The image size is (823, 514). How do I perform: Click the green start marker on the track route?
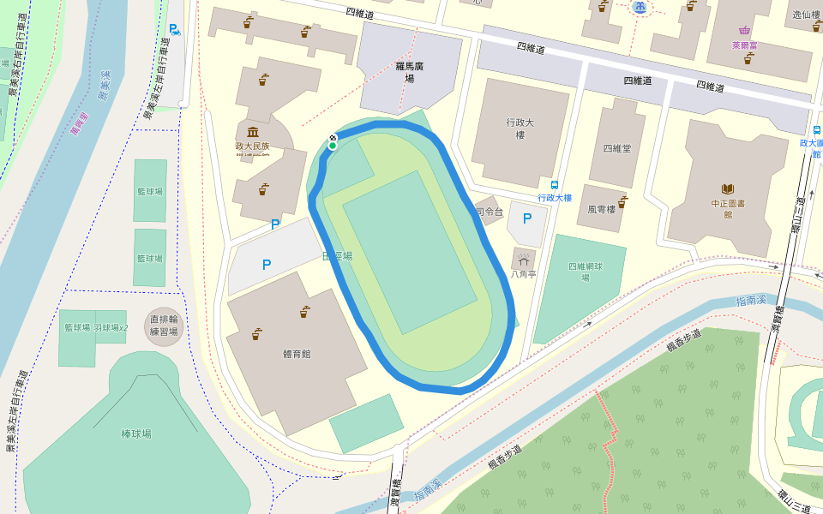[x=332, y=146]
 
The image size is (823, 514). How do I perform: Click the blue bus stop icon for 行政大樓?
[x=555, y=184]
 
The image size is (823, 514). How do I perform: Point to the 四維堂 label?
[x=616, y=148]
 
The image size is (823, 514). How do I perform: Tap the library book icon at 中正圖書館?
[x=728, y=188]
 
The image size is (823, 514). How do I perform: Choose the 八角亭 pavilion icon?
[x=522, y=259]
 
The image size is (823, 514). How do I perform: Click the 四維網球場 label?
[x=586, y=272]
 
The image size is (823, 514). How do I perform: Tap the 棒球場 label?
[x=136, y=434]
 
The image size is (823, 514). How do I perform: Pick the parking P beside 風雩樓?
[x=526, y=219]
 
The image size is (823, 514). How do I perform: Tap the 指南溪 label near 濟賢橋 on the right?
[x=752, y=301]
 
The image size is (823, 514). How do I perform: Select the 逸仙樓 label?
[x=806, y=15]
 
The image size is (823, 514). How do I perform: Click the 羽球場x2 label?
[x=111, y=327]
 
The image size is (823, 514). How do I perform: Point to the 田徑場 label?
[x=336, y=255]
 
